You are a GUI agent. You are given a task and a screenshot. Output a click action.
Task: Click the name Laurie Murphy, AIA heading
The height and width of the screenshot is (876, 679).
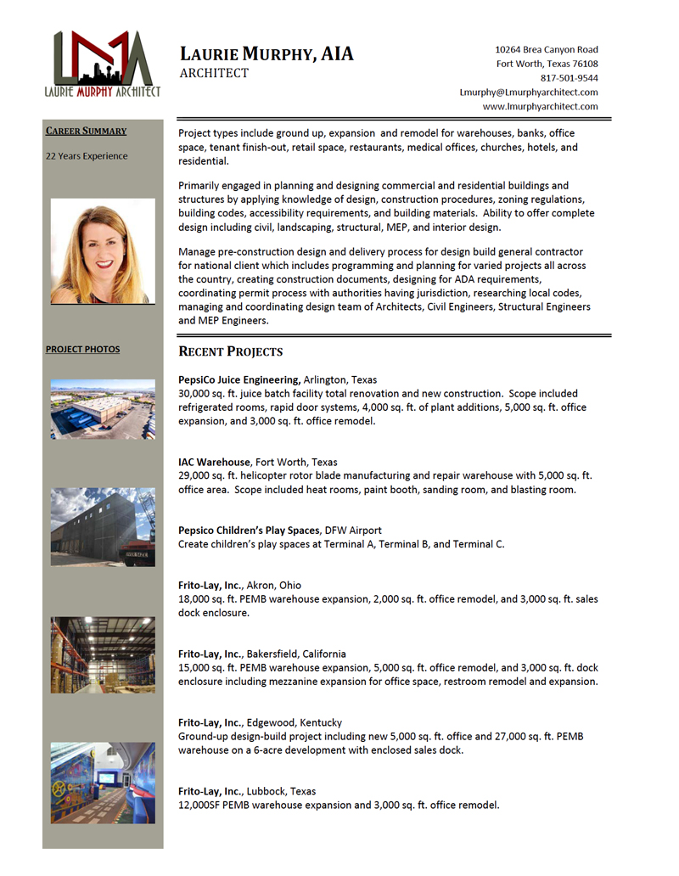pos(266,55)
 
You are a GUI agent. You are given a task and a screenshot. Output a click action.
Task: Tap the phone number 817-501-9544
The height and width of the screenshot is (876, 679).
pos(570,78)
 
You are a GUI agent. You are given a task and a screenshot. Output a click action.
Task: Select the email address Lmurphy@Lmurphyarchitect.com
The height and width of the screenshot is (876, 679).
pos(529,93)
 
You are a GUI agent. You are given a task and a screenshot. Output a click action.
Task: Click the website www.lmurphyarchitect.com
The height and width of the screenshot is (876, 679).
pos(540,107)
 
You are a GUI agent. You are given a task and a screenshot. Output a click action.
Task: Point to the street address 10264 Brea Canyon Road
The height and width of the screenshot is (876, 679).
pos(547,50)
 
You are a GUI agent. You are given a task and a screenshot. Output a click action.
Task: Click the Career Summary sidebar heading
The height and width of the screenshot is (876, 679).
pos(86,131)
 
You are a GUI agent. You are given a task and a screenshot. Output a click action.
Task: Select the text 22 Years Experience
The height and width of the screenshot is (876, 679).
pos(87,156)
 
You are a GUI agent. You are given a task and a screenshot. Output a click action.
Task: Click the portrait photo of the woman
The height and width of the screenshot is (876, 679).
pos(103,251)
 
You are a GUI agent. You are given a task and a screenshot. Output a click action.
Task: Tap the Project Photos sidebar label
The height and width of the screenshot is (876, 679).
pos(82,349)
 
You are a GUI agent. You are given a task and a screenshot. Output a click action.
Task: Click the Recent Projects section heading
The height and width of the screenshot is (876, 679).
pos(230,351)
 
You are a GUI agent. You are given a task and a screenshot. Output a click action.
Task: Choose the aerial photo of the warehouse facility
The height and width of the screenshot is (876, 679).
pos(103,409)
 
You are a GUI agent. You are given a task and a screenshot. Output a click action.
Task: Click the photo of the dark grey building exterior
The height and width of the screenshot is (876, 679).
pos(103,527)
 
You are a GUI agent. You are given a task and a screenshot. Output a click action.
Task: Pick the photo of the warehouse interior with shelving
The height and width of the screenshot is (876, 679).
pos(103,654)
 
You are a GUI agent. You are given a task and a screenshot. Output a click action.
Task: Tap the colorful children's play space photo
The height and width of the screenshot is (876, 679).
pos(103,783)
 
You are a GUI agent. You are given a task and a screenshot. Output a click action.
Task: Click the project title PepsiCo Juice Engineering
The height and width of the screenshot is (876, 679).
pos(238,379)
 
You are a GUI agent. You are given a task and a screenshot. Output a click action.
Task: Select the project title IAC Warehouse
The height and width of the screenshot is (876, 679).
pos(214,463)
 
